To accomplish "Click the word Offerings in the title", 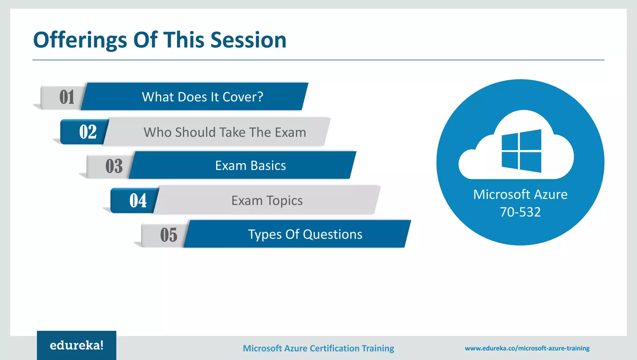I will pos(80,40).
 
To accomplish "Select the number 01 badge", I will pos(67,97).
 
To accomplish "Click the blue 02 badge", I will pos(87,132).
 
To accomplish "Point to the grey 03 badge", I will pos(114,166).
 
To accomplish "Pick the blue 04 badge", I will pos(137,200).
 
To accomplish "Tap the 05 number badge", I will pos(168,235).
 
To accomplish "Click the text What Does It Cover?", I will pos(202,97).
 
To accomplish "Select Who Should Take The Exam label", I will pos(225,132).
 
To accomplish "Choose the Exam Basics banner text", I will pos(250,166).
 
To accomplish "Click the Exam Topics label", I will pos(267,200).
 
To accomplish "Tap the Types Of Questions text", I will pos(305,234).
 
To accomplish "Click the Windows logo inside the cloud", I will pos(521,151).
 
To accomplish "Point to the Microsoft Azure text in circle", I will pos(520,194).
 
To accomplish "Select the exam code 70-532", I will pos(520,212).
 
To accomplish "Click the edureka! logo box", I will pos(77,345).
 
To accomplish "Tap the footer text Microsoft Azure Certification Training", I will pos(318,348).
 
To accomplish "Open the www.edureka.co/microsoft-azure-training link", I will pos(527,348).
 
